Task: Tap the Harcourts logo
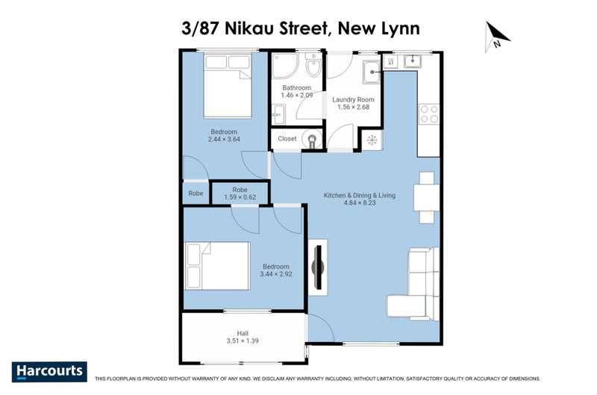point(49,371)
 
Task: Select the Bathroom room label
point(296,87)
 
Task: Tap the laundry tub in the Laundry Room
point(372,73)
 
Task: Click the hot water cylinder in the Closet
point(313,138)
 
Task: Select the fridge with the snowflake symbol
point(372,140)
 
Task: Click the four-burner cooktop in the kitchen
point(428,113)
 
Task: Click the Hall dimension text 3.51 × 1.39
point(243,341)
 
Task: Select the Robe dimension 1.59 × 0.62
point(240,198)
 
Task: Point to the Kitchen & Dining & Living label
point(359,196)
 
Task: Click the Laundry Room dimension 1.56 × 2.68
point(353,107)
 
